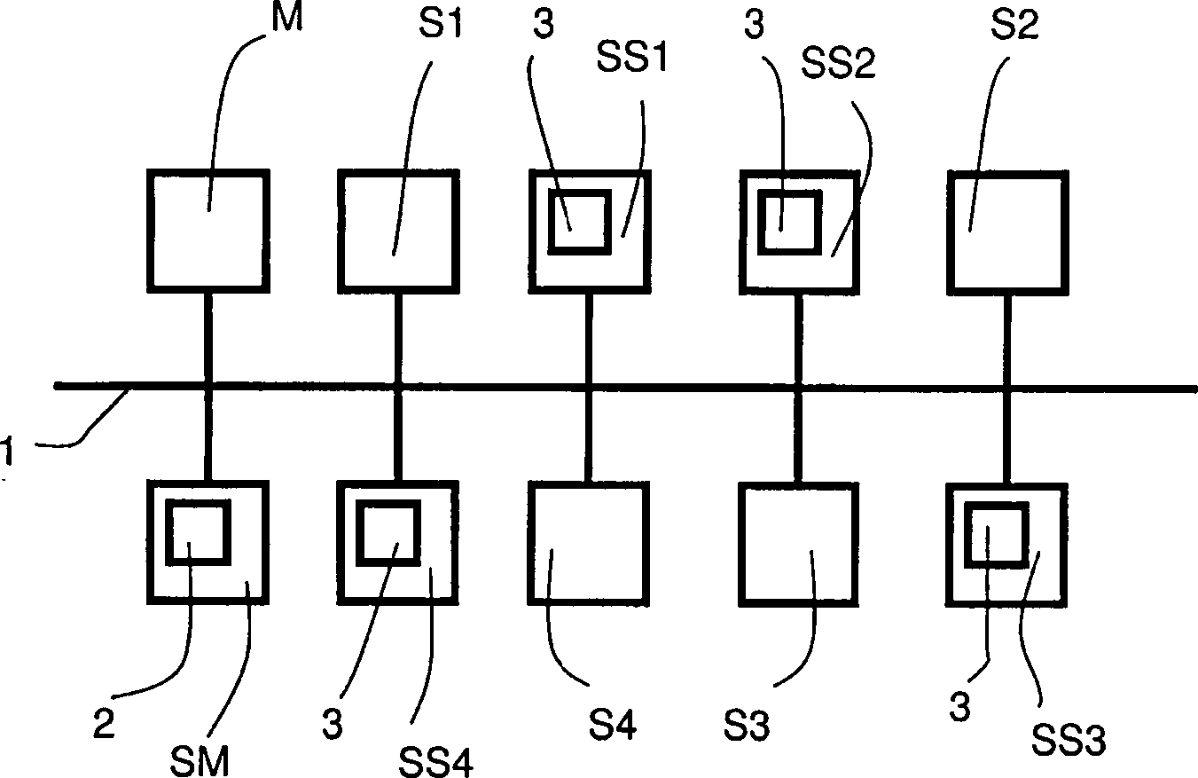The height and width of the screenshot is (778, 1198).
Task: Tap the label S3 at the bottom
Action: pyautogui.click(x=747, y=726)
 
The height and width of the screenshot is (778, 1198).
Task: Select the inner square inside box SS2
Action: pyautogui.click(x=788, y=219)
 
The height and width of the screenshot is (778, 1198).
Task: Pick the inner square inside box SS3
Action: pyautogui.click(x=997, y=533)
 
